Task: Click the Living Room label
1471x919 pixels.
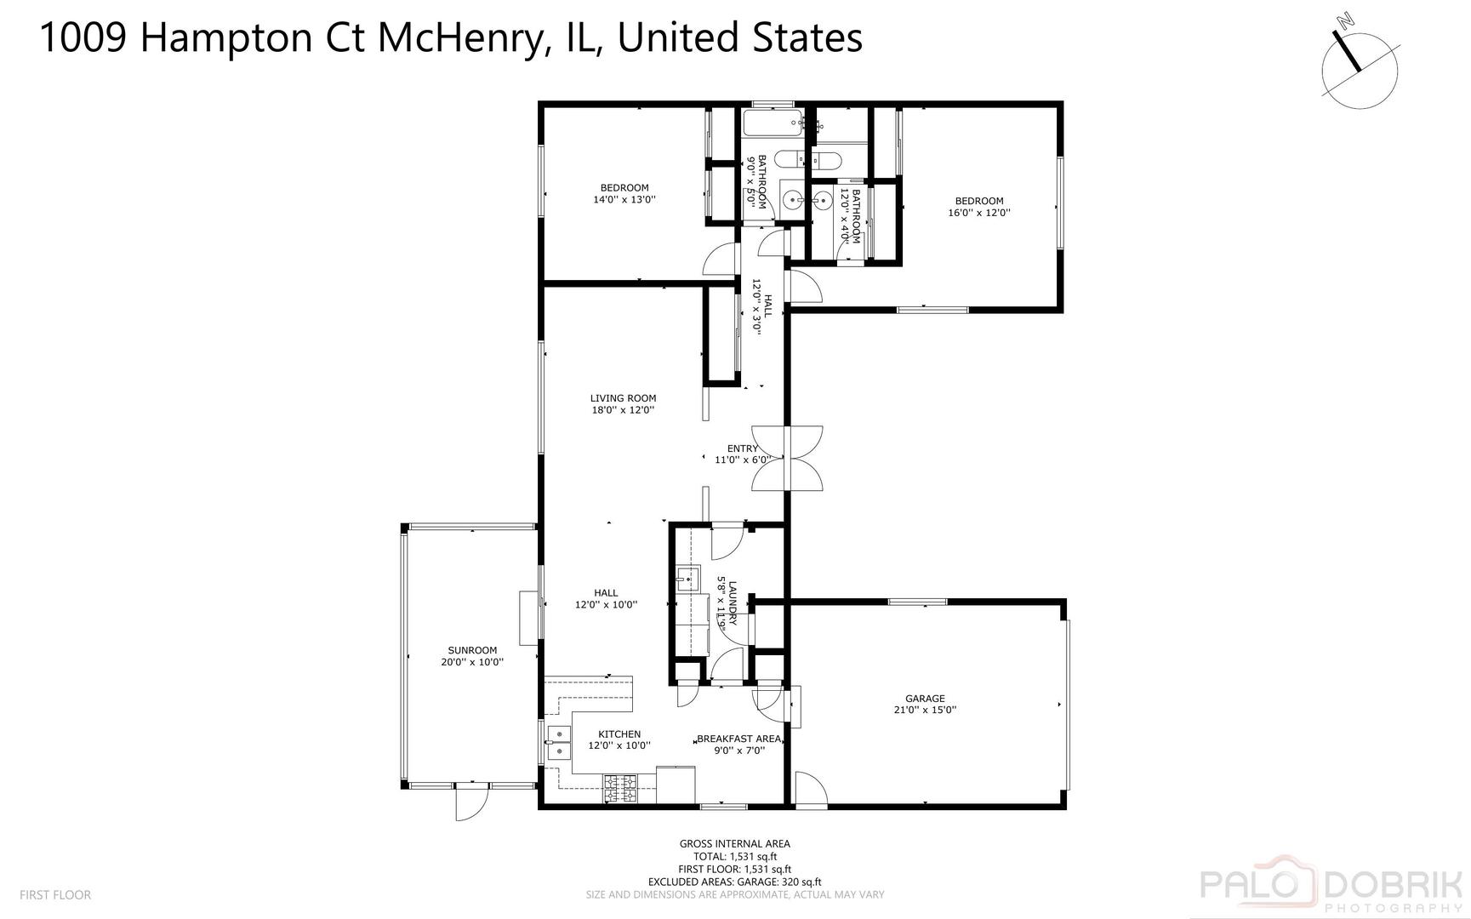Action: click(623, 398)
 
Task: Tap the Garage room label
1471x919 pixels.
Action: click(925, 699)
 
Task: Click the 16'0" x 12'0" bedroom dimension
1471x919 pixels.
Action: click(979, 214)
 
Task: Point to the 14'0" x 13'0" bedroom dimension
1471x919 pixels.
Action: click(624, 200)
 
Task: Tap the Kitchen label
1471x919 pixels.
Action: click(619, 734)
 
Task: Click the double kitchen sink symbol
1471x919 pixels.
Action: click(558, 743)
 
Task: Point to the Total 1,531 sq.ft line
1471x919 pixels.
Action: click(735, 857)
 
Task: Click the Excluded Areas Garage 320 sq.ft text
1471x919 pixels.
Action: click(735, 882)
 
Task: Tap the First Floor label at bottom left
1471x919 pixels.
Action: click(54, 895)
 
